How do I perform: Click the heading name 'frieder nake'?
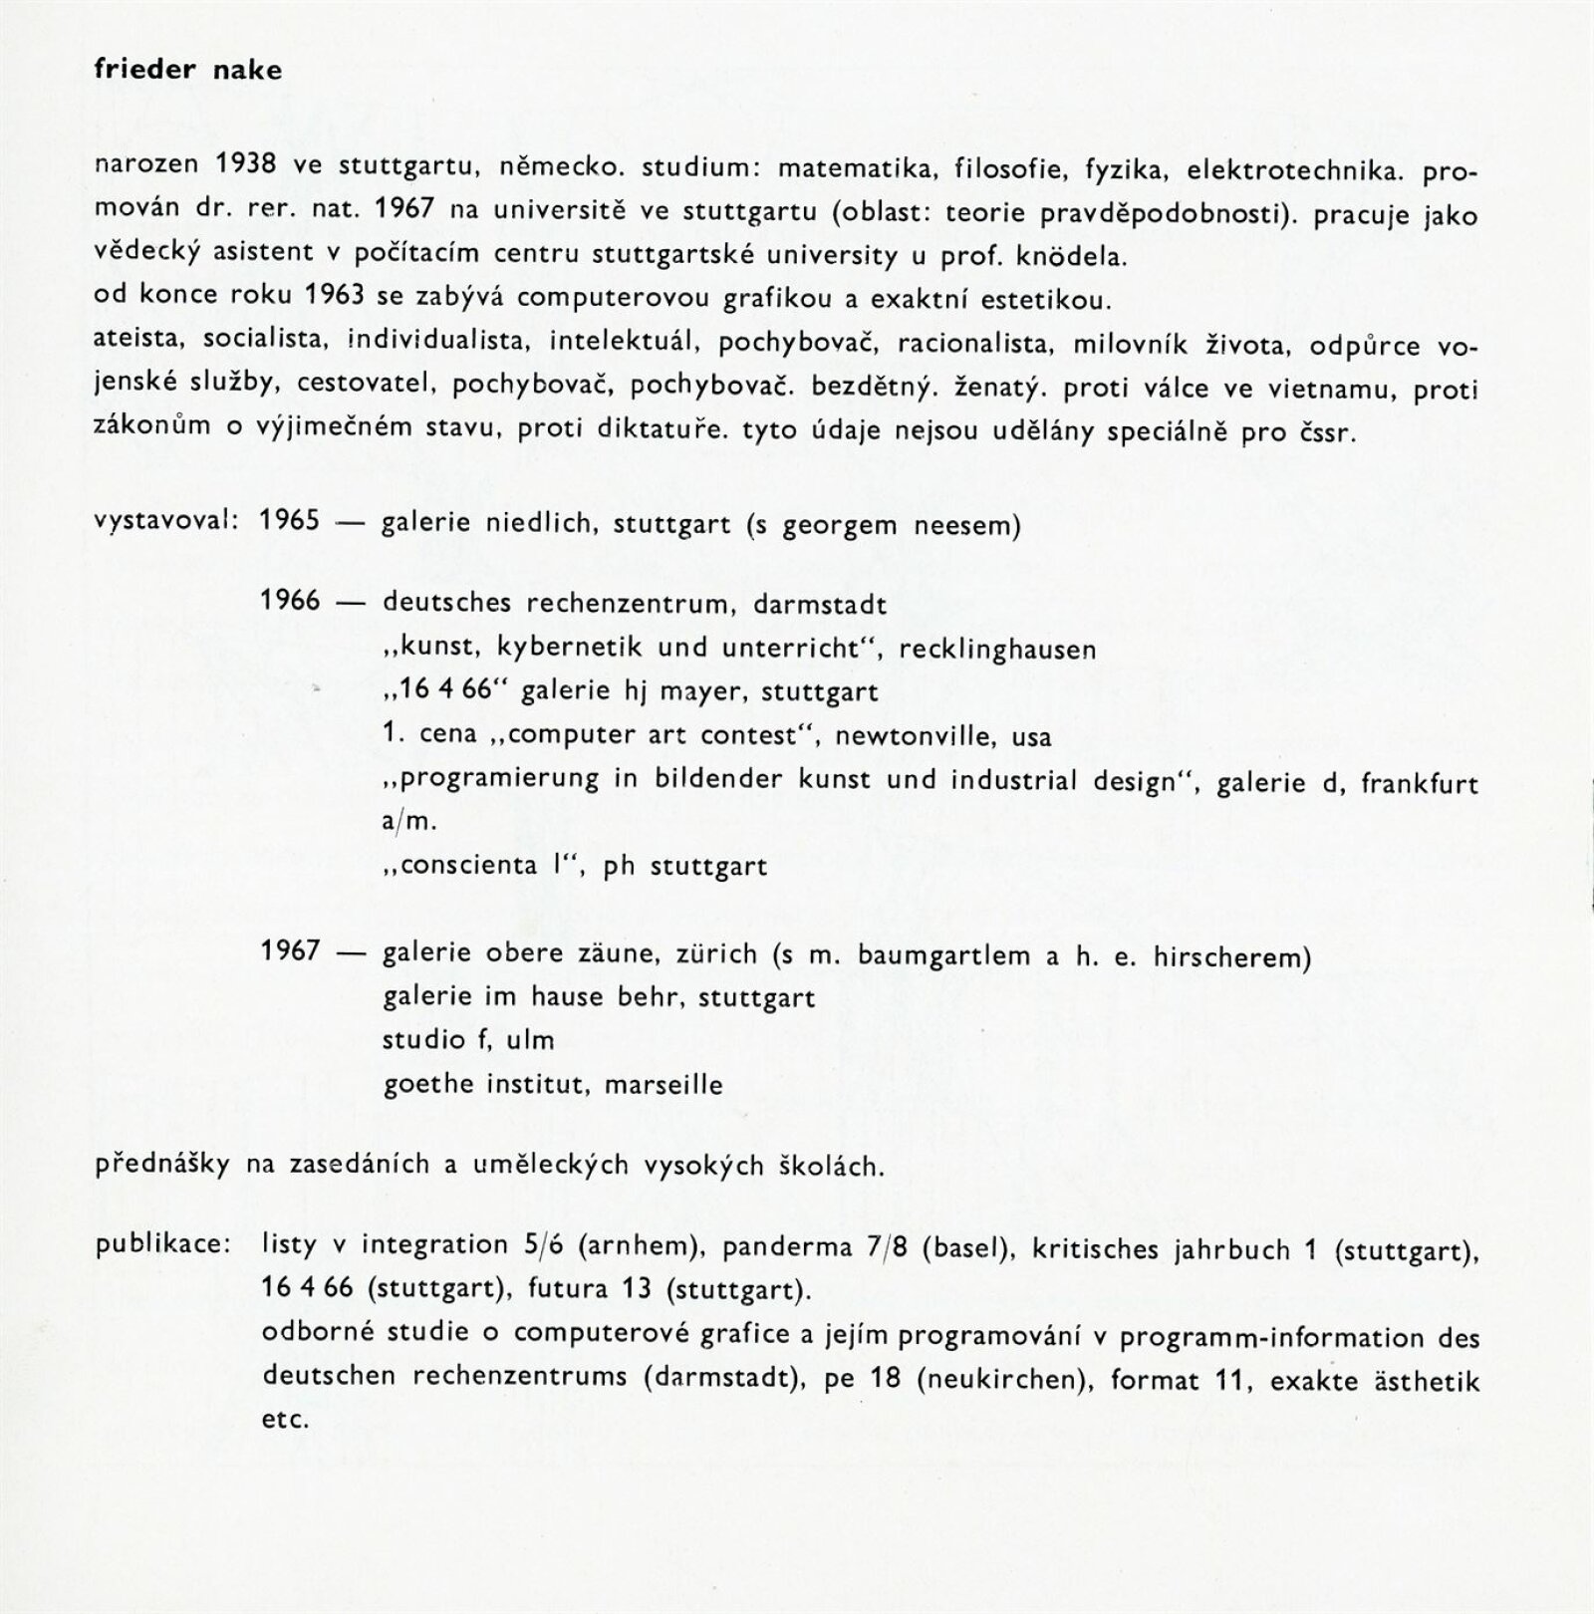(x=187, y=71)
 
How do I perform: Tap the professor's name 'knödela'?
(x=1071, y=256)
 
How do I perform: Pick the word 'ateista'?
(x=139, y=340)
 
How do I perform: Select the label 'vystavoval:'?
(x=165, y=522)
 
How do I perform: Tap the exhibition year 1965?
(x=290, y=522)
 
